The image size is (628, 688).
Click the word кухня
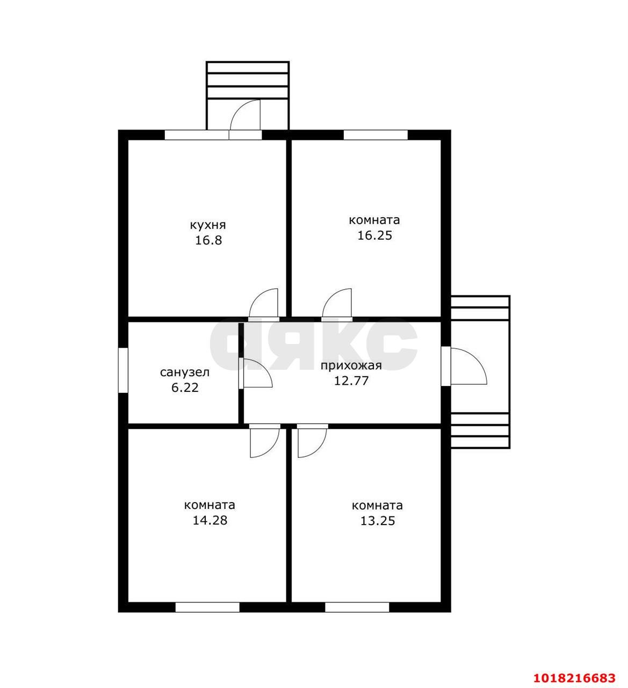[x=208, y=226]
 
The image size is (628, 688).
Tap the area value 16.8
[x=208, y=240]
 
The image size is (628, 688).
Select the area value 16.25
[x=374, y=235]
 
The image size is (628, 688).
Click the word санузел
[x=184, y=372]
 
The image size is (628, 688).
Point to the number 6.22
[x=185, y=388]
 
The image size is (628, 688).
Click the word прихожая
[x=351, y=366]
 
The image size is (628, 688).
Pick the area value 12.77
[x=351, y=381]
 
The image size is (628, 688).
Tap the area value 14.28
[x=210, y=521]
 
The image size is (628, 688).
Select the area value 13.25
[x=378, y=521]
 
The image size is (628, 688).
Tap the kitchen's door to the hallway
[x=263, y=303]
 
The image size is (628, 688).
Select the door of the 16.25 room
[x=337, y=303]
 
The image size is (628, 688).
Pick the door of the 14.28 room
[x=265, y=441]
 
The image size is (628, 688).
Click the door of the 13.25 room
[x=312, y=441]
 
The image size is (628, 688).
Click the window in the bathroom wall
[x=123, y=370]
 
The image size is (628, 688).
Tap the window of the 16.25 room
[x=376, y=135]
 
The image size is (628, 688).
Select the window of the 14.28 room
[x=207, y=607]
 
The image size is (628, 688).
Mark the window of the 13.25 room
[x=357, y=607]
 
